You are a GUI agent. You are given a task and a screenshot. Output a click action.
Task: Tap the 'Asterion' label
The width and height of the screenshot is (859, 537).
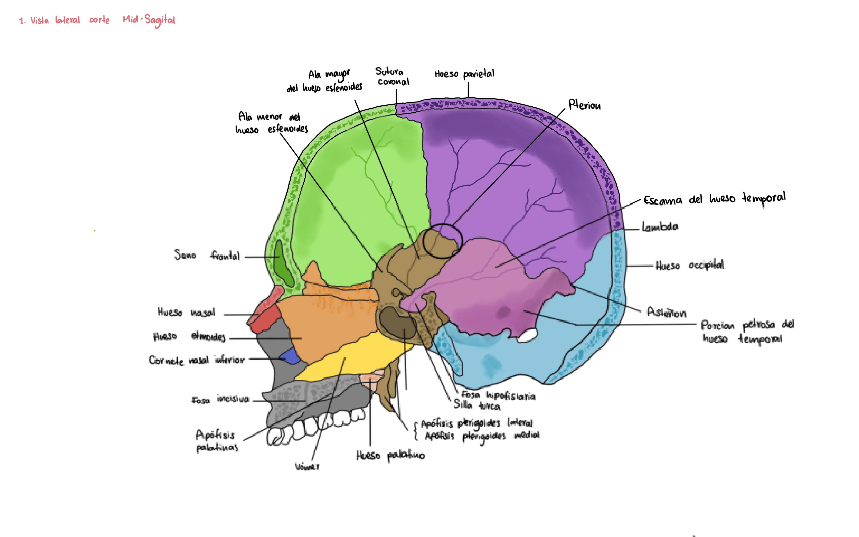tap(666, 312)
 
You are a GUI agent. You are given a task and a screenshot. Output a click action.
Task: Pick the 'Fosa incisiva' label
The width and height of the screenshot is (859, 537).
tap(220, 400)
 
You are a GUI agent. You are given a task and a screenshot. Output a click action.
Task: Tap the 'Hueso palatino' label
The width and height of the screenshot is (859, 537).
tap(390, 455)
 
